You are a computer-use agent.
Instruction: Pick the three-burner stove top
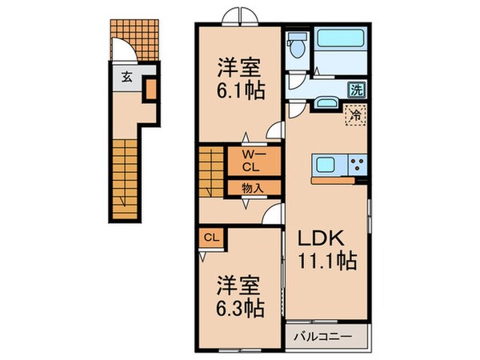[357, 166]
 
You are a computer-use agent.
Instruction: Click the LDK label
[323, 238]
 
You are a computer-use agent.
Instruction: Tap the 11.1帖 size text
[328, 261]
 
